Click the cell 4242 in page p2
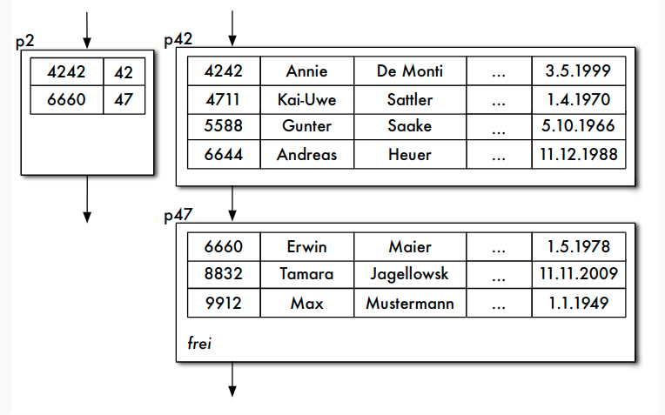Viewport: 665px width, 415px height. (65, 72)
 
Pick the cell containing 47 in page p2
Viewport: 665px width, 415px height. (123, 100)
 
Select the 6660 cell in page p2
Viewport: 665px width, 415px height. (65, 100)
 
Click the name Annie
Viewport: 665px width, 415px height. (306, 71)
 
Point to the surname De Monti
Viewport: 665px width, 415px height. (410, 71)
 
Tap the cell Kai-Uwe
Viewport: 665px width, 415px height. (306, 99)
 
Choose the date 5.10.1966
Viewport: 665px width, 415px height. (578, 126)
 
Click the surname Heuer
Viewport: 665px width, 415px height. (410, 155)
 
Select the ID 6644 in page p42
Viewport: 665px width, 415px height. (223, 155)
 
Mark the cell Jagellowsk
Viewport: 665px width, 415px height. (410, 274)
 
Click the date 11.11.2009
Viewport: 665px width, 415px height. (578, 274)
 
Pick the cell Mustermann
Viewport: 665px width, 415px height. (410, 304)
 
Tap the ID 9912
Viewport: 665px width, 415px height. (223, 304)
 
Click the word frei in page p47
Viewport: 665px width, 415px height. (199, 343)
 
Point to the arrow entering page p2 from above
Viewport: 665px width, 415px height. (86, 30)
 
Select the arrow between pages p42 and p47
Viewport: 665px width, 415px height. (232, 204)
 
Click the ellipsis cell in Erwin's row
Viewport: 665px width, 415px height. (498, 247)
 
